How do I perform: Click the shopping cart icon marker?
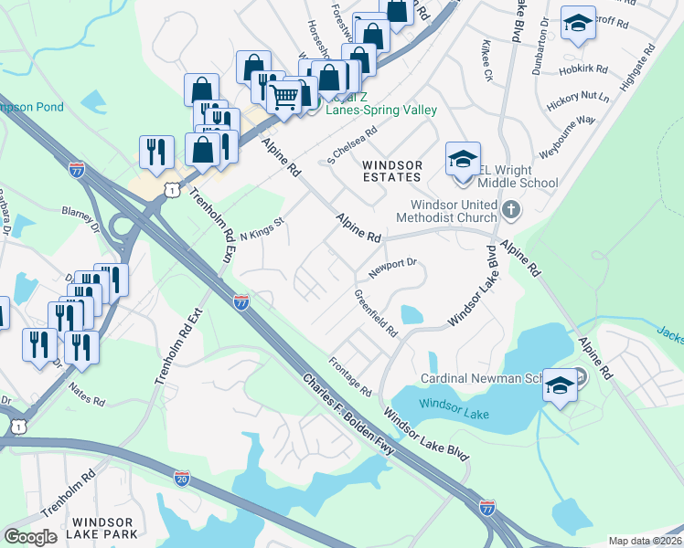pos(285,95)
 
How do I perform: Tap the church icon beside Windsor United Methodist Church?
pos(511,211)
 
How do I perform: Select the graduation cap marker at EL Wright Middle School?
pos(464,159)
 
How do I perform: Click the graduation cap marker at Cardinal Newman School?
pos(559,384)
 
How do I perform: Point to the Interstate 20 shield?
pos(182,477)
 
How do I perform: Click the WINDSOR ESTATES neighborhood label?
pos(392,171)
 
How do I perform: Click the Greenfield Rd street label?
pos(376,313)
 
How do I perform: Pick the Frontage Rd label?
pos(350,376)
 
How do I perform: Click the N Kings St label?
pos(263,224)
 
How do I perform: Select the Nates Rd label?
pos(87,394)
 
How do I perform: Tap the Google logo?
pos(31,537)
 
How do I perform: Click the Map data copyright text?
pos(645,541)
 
